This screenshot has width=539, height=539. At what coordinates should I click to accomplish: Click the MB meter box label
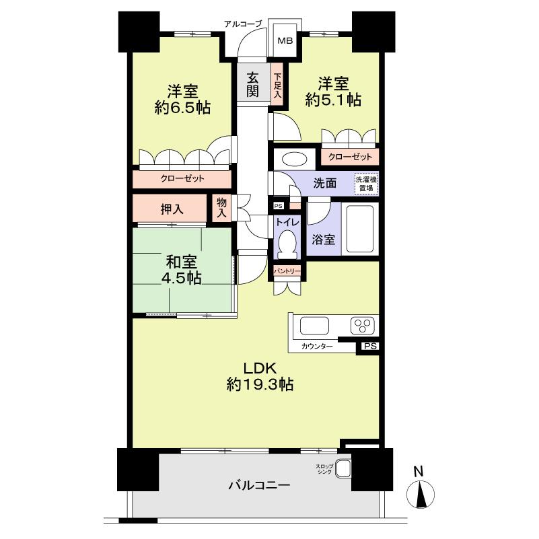click(285, 40)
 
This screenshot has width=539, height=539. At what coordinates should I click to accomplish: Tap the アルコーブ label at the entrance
click(243, 24)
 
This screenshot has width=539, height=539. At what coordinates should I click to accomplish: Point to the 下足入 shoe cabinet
click(277, 84)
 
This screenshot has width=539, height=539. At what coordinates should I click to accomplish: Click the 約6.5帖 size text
click(182, 108)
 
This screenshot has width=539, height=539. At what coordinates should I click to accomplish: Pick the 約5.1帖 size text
click(333, 100)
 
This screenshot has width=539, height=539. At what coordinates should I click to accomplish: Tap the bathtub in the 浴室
click(360, 229)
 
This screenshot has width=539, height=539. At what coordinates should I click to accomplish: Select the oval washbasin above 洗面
click(294, 159)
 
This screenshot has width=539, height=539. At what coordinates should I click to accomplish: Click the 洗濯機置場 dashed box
click(367, 184)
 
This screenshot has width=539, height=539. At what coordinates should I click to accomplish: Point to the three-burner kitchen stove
click(363, 325)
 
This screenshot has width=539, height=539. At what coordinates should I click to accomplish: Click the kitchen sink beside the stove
click(314, 326)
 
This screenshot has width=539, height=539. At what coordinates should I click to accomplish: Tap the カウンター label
click(317, 346)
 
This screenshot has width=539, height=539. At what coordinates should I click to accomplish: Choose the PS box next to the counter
click(370, 346)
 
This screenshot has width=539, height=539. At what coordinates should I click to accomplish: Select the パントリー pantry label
click(287, 271)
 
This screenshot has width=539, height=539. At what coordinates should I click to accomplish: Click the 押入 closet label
click(172, 209)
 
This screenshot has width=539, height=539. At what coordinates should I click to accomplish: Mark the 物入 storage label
click(221, 208)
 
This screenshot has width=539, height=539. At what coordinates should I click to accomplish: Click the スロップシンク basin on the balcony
click(343, 468)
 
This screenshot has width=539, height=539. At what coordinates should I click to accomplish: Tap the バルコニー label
click(260, 485)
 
